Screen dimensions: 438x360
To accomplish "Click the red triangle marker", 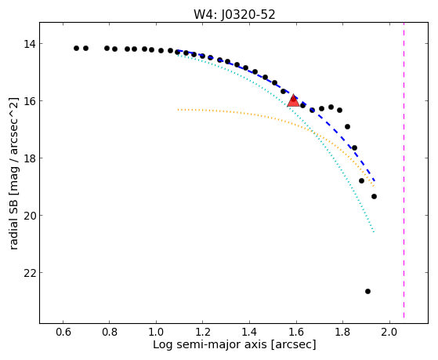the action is [x=293, y=101].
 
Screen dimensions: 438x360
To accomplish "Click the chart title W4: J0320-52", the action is [x=234, y=15].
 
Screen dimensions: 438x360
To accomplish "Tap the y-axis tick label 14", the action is [x=29, y=44].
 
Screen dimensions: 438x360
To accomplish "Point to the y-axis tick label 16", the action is [x=29, y=101].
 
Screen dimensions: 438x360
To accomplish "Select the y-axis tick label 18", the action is [x=29, y=158].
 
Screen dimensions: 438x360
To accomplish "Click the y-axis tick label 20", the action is [x=29, y=216].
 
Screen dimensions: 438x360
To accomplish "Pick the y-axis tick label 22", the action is [x=29, y=273].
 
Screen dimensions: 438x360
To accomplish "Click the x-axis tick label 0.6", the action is [x=63, y=332].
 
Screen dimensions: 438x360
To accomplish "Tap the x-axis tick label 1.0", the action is [x=156, y=332].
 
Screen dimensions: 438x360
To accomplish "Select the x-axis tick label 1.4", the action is [x=249, y=332].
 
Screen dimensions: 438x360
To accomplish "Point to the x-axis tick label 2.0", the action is [x=389, y=332].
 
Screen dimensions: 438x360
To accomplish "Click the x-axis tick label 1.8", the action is [x=342, y=332].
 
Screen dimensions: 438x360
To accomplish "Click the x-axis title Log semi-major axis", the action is [x=209, y=344].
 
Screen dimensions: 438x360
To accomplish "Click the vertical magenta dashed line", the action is [x=404, y=170].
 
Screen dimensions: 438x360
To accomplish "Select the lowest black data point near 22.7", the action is [x=368, y=292].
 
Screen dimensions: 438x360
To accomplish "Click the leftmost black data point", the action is [x=76, y=48].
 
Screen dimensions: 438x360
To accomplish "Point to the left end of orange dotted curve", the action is [x=178, y=109].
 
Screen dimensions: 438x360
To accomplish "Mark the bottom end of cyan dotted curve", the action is [x=374, y=232].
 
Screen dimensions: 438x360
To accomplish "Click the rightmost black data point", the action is [x=374, y=197].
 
